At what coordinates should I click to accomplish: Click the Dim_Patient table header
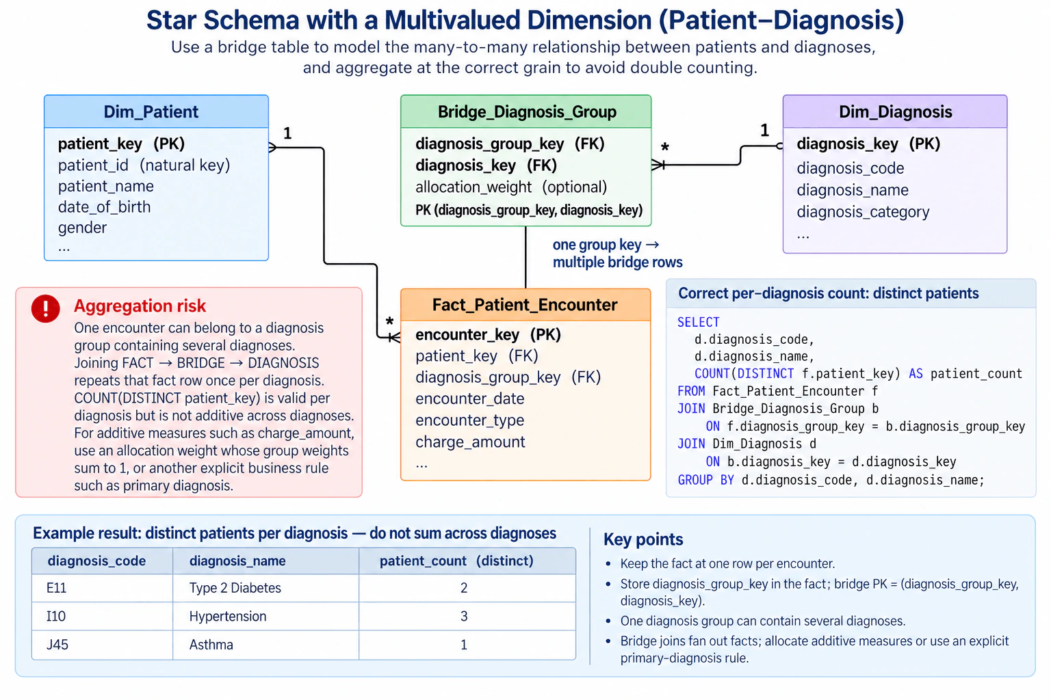pyautogui.click(x=156, y=111)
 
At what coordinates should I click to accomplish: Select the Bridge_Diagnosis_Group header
pyautogui.click(x=526, y=111)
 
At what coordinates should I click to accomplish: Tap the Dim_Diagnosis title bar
pyautogui.click(x=895, y=111)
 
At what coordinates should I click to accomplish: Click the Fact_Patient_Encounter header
pyautogui.click(x=525, y=305)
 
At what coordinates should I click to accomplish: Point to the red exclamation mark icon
pyautogui.click(x=46, y=308)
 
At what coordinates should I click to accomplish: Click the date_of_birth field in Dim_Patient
pyautogui.click(x=104, y=206)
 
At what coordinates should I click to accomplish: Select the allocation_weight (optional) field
pyautogui.click(x=511, y=187)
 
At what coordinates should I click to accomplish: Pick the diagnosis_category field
pyautogui.click(x=863, y=212)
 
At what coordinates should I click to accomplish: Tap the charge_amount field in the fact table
pyautogui.click(x=470, y=442)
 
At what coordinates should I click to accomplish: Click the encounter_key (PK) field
pyautogui.click(x=488, y=334)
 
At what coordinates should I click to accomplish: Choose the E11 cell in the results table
pyautogui.click(x=56, y=588)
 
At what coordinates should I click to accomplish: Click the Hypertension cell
pyautogui.click(x=228, y=616)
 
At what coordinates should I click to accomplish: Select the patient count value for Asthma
pyautogui.click(x=463, y=645)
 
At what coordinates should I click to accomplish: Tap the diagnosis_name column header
pyautogui.click(x=237, y=561)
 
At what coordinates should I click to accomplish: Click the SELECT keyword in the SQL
pyautogui.click(x=698, y=322)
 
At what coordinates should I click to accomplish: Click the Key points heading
pyautogui.click(x=643, y=539)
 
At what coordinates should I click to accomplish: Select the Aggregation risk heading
pyautogui.click(x=140, y=306)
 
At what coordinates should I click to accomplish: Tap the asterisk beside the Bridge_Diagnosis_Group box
pyautogui.click(x=665, y=147)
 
